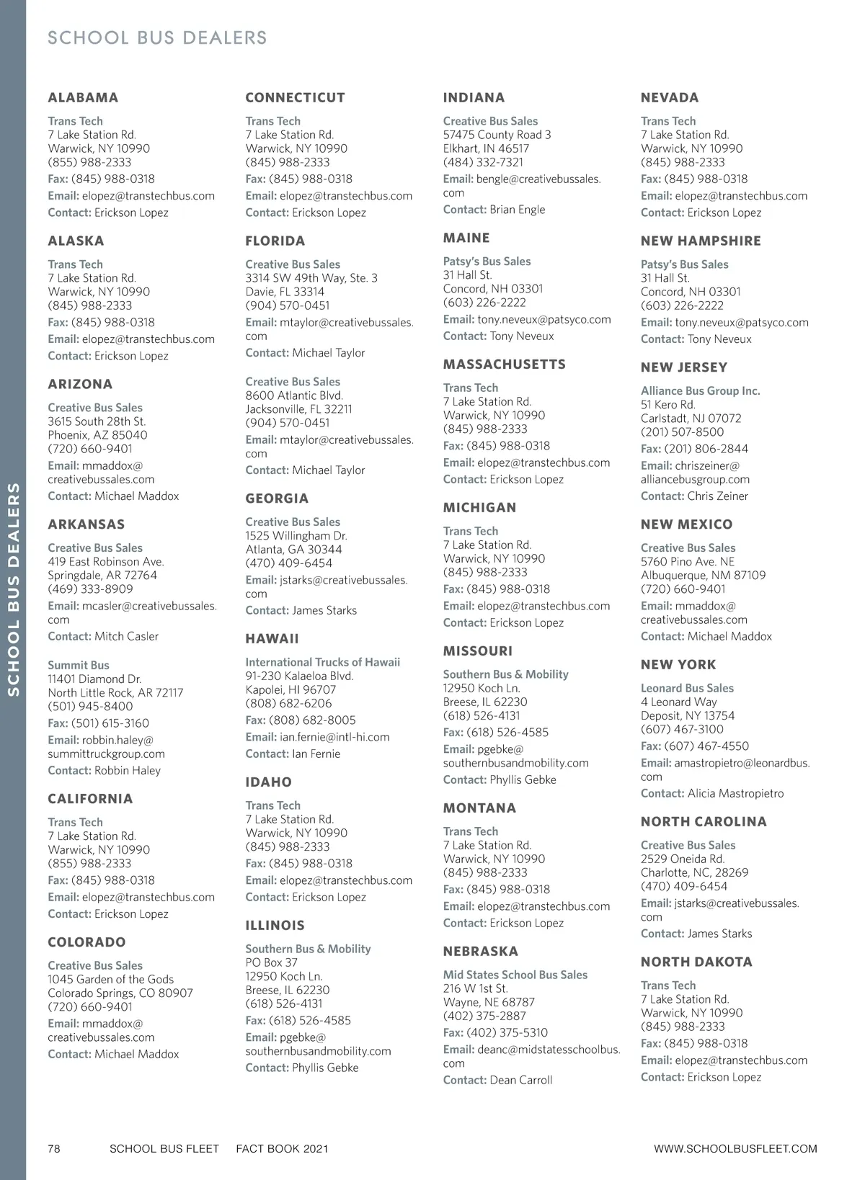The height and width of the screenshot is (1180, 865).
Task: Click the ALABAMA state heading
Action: click(x=83, y=98)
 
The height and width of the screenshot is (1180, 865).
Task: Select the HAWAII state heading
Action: click(x=272, y=639)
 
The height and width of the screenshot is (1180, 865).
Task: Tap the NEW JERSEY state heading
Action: click(x=684, y=367)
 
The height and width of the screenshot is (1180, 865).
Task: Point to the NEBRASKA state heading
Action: click(x=480, y=952)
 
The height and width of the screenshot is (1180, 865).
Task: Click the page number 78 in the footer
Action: click(x=54, y=1149)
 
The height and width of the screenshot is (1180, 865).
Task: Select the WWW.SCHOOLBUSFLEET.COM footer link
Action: click(x=735, y=1149)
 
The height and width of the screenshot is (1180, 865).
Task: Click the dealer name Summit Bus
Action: click(x=79, y=666)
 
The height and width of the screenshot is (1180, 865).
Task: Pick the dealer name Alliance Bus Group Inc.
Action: click(x=700, y=391)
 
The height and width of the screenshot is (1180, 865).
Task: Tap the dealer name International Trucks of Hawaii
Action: click(x=322, y=663)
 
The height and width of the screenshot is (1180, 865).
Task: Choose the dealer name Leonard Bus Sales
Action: click(x=687, y=689)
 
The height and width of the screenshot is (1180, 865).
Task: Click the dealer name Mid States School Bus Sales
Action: click(x=515, y=975)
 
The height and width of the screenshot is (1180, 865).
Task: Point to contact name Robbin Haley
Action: click(x=128, y=771)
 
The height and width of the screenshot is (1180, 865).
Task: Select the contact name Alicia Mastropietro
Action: click(x=735, y=794)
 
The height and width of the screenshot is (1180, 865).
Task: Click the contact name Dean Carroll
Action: click(x=521, y=1081)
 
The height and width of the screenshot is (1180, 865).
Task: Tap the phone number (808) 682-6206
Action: click(x=288, y=704)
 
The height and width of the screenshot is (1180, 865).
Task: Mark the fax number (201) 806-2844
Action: click(x=706, y=449)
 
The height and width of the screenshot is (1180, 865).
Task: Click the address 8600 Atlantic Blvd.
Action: click(x=294, y=395)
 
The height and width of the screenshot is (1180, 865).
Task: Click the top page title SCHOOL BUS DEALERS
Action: click(x=157, y=38)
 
